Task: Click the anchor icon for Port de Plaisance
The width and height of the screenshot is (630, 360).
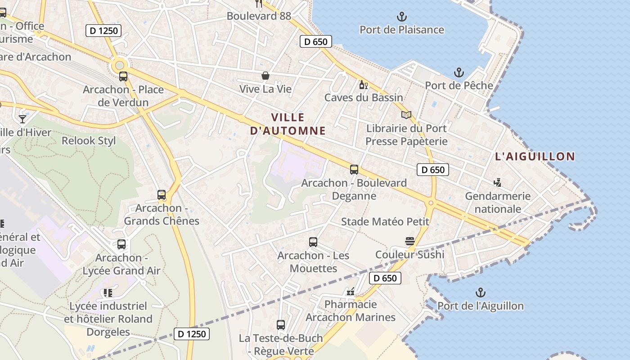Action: (x=401, y=17)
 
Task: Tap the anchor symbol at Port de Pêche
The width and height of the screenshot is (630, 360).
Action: (x=459, y=72)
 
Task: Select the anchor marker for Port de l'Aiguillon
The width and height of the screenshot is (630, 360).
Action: (x=481, y=293)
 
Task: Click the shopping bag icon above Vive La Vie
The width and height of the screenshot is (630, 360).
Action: (x=265, y=76)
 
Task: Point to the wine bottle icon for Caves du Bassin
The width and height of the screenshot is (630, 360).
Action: (x=363, y=85)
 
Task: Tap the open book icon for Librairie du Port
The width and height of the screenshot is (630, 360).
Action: (x=406, y=115)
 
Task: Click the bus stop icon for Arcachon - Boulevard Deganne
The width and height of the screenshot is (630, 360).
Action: (x=354, y=170)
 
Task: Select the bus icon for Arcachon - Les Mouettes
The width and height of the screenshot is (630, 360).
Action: (x=313, y=242)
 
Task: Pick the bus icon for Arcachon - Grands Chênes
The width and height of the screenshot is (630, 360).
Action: (x=162, y=195)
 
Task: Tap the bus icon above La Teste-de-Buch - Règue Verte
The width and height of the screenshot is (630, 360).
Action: (x=281, y=324)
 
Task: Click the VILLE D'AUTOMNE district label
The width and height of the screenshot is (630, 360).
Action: (x=288, y=124)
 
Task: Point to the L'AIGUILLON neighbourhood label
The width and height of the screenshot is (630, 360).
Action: (x=535, y=157)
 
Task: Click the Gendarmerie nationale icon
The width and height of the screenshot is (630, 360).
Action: (x=497, y=183)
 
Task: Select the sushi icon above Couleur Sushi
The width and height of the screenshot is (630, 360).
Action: (x=409, y=241)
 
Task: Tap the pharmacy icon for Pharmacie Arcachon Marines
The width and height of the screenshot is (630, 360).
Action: (x=351, y=292)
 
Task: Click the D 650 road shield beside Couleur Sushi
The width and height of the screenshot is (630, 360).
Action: (x=385, y=278)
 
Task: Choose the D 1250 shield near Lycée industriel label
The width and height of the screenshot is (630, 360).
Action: (x=192, y=334)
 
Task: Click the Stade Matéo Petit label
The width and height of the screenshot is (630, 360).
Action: (x=385, y=221)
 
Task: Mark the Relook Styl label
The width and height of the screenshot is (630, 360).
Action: (x=89, y=141)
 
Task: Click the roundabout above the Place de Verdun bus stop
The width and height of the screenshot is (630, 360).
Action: (x=120, y=65)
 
